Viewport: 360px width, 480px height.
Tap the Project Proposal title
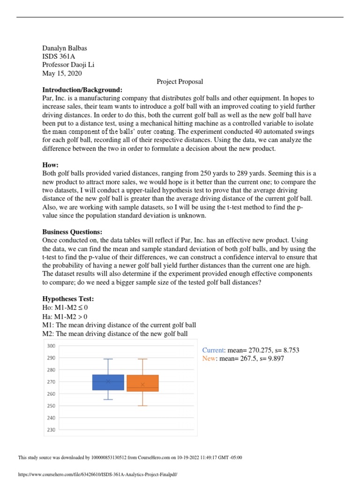pyautogui.click(x=180, y=82)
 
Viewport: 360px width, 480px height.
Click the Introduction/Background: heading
pyautogui.click(x=82, y=90)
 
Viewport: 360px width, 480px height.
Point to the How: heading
pyautogui.click(x=51, y=165)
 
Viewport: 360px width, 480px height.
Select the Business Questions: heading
pyautogui.click(x=72, y=232)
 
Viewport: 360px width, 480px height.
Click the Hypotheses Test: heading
pyautogui.click(x=68, y=299)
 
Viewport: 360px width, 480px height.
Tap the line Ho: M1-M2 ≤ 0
pyautogui.click(x=65, y=308)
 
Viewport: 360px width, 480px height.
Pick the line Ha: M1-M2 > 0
pyautogui.click(x=65, y=316)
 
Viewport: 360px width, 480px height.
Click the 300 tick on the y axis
pyautogui.click(x=51, y=346)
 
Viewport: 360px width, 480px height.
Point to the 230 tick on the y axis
pyautogui.click(x=51, y=430)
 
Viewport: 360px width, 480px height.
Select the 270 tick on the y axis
pyautogui.click(x=51, y=382)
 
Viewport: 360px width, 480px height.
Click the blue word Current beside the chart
pyautogui.click(x=213, y=350)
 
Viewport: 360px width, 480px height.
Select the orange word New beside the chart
pyautogui.click(x=209, y=359)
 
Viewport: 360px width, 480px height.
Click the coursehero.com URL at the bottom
pyautogui.click(x=97, y=474)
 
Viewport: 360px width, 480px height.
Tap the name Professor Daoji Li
pyautogui.click(x=71, y=65)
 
